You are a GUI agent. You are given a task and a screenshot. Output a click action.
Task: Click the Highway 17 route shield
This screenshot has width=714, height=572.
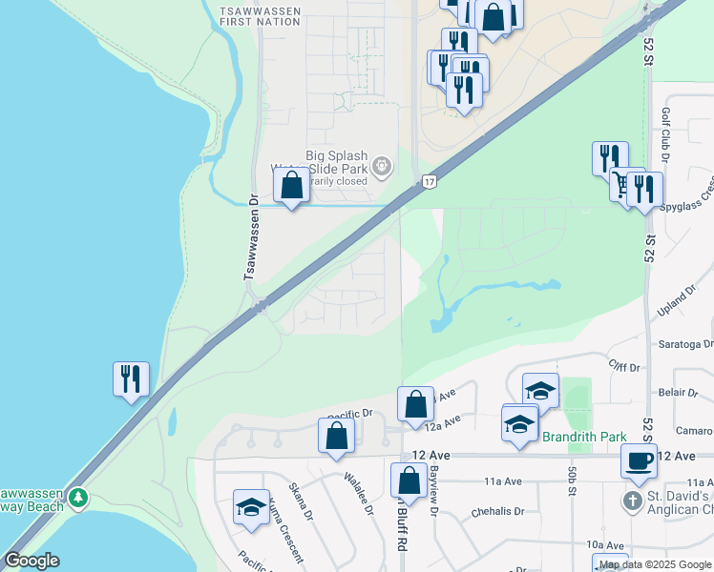click(430, 180)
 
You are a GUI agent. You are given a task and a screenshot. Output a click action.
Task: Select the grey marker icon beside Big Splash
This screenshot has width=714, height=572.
click(382, 167)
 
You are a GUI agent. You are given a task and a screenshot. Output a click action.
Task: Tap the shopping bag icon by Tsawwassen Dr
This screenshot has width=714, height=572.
click(292, 186)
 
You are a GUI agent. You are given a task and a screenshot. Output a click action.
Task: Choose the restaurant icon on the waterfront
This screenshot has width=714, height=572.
click(130, 378)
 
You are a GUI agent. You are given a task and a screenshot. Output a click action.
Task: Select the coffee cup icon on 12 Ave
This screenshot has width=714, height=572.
click(638, 460)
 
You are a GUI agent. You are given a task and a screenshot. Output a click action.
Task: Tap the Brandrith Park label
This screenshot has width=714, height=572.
click(584, 437)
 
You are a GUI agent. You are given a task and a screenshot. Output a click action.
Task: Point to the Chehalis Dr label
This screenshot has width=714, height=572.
click(498, 512)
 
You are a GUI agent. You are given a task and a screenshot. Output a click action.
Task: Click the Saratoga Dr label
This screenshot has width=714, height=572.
click(682, 343)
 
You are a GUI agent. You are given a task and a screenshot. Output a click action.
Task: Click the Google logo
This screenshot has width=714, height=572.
click(31, 561)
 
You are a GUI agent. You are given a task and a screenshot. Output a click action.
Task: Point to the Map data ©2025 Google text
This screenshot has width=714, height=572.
click(655, 564)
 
